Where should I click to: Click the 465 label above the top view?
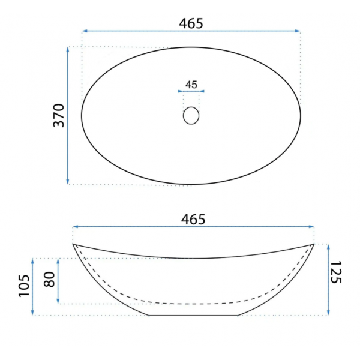pyautogui.click(x=191, y=23)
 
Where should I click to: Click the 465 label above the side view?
pyautogui.click(x=193, y=219)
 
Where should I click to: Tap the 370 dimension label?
pyautogui.click(x=59, y=115)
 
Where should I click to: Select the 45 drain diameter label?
pyautogui.click(x=191, y=85)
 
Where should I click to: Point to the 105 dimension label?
pyautogui.click(x=25, y=286)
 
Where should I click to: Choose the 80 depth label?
pyautogui.click(x=49, y=279)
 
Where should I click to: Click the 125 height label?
pyautogui.click(x=336, y=272)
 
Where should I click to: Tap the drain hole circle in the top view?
pyautogui.click(x=191, y=115)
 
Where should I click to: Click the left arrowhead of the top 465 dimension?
pyautogui.click(x=85, y=31)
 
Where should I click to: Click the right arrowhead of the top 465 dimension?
pyautogui.click(x=298, y=31)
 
